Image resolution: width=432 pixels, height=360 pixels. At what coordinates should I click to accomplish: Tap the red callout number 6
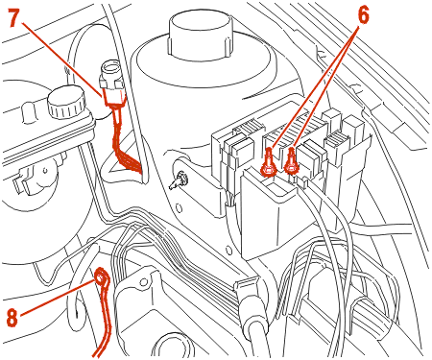click(x=363, y=14)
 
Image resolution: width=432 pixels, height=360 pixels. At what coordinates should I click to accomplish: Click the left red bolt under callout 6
click(x=269, y=162)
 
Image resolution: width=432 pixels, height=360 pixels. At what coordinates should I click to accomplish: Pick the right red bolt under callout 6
click(x=291, y=161)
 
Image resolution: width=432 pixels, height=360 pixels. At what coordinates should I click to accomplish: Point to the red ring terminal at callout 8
click(x=102, y=277)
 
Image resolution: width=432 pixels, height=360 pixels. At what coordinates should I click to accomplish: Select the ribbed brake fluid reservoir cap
click(x=66, y=103)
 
